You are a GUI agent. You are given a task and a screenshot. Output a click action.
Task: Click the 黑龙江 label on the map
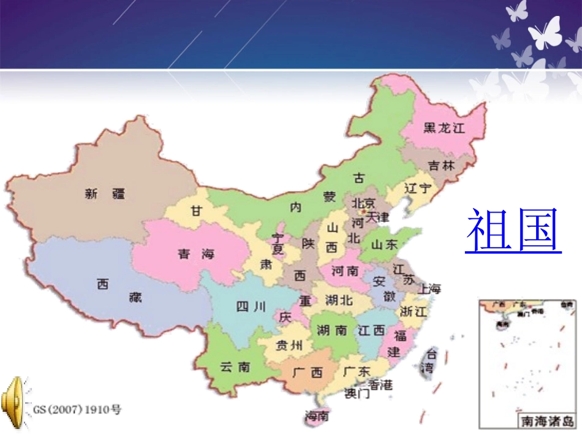pos(445,128)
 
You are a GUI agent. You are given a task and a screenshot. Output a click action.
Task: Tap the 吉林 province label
pos(441,165)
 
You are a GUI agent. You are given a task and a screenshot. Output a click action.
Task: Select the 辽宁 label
pos(418,188)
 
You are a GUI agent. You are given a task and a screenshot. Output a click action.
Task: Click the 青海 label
pos(196,254)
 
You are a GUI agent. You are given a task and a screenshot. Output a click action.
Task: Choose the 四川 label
pos(251,306)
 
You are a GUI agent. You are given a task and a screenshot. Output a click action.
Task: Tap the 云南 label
pos(235,367)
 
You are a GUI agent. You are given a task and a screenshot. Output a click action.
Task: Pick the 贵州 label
pos(289,345)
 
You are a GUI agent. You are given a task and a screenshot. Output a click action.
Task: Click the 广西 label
pos(308,372)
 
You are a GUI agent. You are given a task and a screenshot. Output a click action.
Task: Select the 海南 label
pos(317,416)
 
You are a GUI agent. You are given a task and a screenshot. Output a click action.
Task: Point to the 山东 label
pos(385,245)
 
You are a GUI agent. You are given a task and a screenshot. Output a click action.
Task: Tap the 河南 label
pos(345,270)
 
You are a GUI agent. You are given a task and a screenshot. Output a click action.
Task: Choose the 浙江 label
pos(413,311)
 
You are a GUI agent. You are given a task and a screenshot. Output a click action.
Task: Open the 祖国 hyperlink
pos(513,230)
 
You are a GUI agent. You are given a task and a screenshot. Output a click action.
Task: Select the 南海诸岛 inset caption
pos(546,421)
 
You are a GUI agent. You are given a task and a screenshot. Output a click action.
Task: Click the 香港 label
pos(380,385)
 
